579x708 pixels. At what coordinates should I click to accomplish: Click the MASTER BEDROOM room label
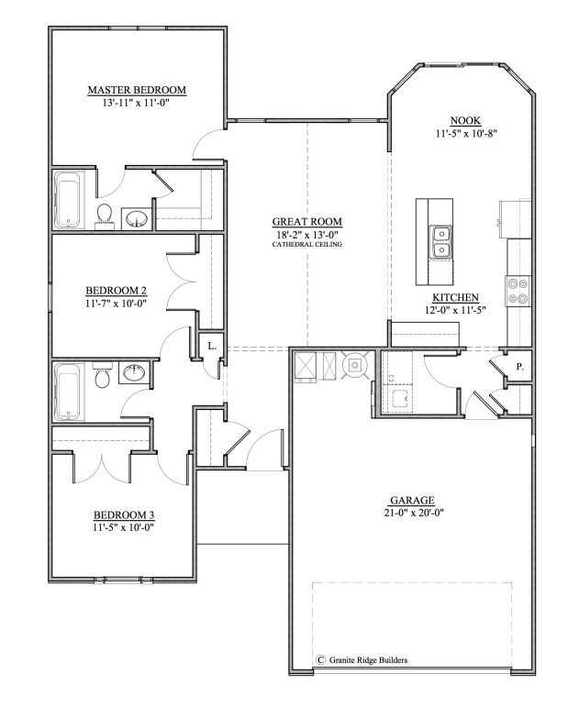click(x=137, y=90)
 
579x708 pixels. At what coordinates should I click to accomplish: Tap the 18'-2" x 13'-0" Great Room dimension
click(x=306, y=234)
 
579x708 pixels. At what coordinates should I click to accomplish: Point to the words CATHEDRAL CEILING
click(x=306, y=245)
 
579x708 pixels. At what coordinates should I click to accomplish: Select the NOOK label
click(x=466, y=121)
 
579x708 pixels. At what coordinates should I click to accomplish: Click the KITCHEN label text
click(x=456, y=298)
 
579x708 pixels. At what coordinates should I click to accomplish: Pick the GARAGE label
click(x=410, y=500)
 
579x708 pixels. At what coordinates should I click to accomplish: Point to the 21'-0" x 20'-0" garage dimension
click(x=410, y=513)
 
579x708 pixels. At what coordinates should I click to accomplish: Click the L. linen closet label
click(x=210, y=346)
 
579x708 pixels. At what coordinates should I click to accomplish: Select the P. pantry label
click(x=519, y=365)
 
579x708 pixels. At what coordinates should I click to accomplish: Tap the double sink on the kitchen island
click(x=440, y=241)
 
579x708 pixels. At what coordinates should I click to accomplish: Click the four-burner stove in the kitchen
click(x=517, y=290)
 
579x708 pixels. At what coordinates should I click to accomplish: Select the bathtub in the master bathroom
click(x=68, y=199)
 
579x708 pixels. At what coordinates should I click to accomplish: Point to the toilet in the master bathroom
click(x=105, y=215)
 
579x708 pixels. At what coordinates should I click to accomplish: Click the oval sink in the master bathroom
click(x=137, y=218)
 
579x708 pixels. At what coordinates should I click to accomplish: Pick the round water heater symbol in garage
click(x=354, y=365)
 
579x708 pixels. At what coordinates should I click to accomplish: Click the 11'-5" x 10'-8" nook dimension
click(x=466, y=134)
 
